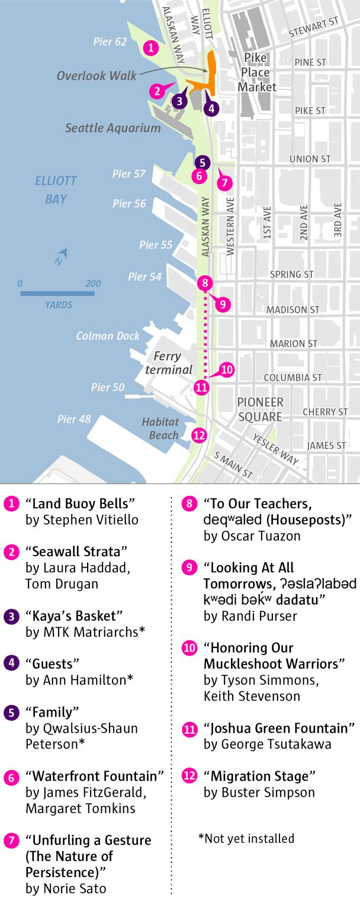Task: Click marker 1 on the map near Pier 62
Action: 152,47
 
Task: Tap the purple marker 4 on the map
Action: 211,108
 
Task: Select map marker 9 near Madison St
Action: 223,304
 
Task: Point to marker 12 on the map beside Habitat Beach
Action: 200,435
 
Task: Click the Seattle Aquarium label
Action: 112,128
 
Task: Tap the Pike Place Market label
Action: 257,72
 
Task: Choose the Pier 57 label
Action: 129,174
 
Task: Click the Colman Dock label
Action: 108,336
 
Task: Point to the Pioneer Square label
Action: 260,409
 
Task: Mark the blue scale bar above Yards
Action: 57,292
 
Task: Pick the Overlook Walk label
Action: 97,76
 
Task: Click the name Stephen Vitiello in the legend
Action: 82,520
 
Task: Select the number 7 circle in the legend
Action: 10,840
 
